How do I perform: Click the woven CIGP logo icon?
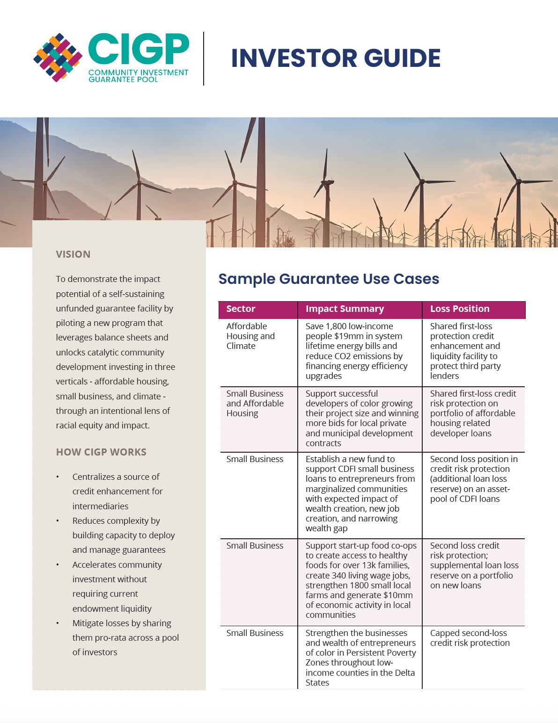(58, 58)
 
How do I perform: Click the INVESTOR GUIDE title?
(336, 58)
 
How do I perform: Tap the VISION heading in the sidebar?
(73, 254)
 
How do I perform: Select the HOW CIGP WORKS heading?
(101, 452)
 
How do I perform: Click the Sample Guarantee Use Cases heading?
(329, 279)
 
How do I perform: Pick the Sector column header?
(241, 309)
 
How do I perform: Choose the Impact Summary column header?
(345, 309)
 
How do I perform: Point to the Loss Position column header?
(460, 309)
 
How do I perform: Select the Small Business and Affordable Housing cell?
(255, 403)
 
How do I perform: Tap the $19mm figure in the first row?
(365, 336)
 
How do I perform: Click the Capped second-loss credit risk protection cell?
(470, 638)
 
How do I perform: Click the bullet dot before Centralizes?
(58, 477)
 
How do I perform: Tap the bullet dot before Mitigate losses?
(58, 623)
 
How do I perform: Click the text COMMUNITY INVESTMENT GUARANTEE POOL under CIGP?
(138, 76)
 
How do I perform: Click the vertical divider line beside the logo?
(204, 58)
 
